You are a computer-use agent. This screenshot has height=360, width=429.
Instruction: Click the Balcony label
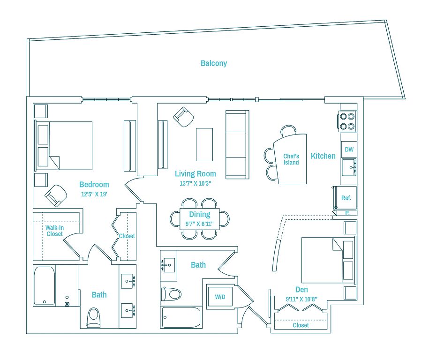pos(214,63)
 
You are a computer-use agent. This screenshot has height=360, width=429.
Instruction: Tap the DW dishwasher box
pos(349,150)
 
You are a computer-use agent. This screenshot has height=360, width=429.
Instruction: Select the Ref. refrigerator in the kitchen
pos(346,198)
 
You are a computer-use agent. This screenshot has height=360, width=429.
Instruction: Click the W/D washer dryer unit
pos(220,297)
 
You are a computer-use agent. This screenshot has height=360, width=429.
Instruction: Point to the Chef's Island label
pos(291,159)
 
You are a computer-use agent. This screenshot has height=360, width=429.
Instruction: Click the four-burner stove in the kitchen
pos(347,121)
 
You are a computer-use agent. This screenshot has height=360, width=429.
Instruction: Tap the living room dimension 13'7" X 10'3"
pos(196,183)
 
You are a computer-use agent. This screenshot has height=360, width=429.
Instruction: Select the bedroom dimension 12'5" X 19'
pos(94,194)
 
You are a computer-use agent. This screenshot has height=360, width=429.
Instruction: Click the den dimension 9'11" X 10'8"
pos(301,299)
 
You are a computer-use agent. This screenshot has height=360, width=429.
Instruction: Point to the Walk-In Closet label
pos(54,231)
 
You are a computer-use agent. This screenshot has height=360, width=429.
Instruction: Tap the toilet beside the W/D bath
pos(171,294)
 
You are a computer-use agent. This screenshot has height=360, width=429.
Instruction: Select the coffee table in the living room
pos(204,144)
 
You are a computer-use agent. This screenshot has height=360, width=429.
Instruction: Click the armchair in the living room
pos(184,117)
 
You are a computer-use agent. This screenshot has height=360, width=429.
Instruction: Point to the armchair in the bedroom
pos(56,195)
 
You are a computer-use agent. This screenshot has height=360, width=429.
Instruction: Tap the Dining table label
pos(200,214)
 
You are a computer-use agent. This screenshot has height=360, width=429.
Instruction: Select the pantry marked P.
pos(347,213)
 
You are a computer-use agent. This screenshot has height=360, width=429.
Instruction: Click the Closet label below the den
pos(301,325)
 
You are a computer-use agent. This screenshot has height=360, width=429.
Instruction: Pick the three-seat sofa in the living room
pos(237,144)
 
